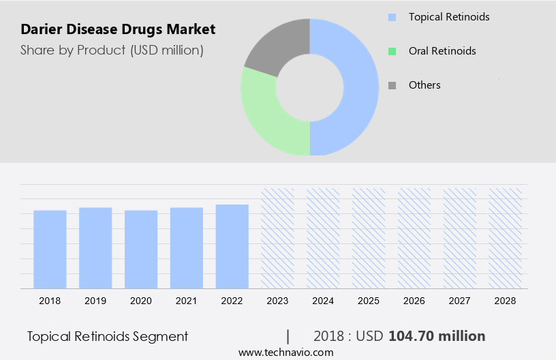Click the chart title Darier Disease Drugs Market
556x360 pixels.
[118, 29]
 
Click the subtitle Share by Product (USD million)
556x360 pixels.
[112, 50]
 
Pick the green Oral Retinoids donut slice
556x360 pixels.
[266, 116]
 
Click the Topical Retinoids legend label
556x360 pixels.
[449, 16]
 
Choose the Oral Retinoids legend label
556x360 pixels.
[442, 50]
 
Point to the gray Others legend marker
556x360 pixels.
[392, 85]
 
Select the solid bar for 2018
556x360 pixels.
[50, 249]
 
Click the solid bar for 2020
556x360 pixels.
[141, 249]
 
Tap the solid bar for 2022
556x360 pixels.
[232, 246]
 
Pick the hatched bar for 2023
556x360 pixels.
[277, 238]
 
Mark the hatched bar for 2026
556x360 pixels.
[414, 238]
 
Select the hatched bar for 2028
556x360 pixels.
[506, 238]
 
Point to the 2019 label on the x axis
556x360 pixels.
[95, 300]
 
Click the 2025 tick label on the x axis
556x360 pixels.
[369, 300]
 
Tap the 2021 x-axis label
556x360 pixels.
[187, 300]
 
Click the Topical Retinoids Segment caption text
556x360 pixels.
[108, 336]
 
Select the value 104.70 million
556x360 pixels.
[437, 336]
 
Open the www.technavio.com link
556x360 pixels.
[285, 352]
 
